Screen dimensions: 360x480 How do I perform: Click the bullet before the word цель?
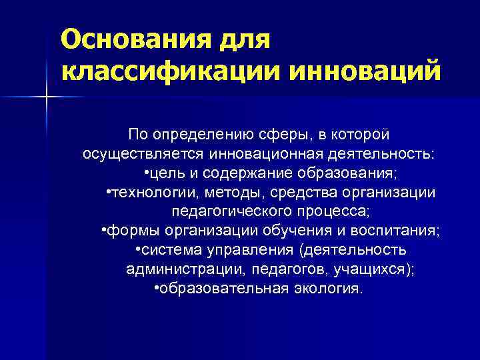click(146, 173)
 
